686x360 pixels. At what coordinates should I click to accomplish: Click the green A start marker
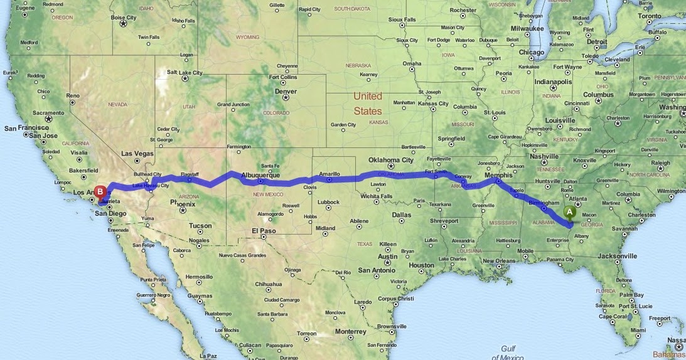click(x=569, y=212)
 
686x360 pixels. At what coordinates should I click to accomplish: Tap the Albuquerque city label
click(x=260, y=176)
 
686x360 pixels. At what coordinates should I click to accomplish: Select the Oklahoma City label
click(x=391, y=159)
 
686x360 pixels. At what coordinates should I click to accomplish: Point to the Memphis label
click(x=500, y=175)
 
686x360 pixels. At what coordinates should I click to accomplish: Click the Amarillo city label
click(x=329, y=174)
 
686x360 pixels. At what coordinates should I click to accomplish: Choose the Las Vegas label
click(x=137, y=153)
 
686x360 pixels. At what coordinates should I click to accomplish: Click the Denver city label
click(x=286, y=91)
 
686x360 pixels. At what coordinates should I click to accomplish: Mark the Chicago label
click(x=532, y=53)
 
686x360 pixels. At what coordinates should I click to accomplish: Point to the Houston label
click(x=421, y=265)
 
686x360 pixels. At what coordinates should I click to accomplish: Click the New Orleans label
click(x=500, y=260)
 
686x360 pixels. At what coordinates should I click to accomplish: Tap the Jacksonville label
click(x=618, y=256)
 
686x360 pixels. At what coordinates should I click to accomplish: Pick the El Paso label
click(x=264, y=231)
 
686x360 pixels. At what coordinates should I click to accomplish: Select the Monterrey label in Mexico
click(x=350, y=331)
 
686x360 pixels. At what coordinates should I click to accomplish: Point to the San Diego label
click(x=110, y=213)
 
